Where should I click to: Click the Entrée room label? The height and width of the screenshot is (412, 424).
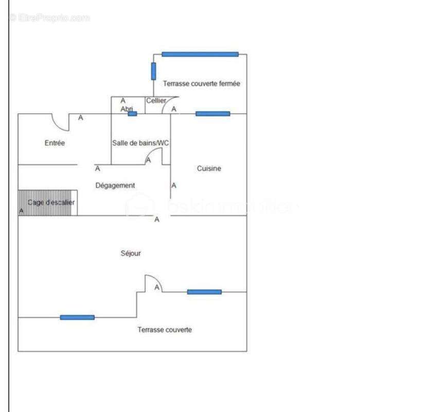55,143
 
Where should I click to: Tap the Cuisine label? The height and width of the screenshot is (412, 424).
209,168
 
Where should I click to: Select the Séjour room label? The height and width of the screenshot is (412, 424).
131,253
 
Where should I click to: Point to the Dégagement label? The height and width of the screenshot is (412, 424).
115,185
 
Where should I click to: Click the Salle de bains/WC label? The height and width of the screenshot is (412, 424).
140,143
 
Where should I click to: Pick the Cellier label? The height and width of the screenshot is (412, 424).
156,101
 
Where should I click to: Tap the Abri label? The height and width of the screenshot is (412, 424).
127,109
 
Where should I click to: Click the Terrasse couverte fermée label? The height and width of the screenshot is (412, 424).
202,83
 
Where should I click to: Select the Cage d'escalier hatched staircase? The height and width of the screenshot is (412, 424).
48,202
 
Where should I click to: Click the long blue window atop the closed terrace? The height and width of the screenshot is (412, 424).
200,54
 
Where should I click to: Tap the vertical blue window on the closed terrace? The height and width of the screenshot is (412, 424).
153,71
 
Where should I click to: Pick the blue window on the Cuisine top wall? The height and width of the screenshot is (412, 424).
213,114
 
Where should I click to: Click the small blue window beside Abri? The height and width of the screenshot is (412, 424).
132,114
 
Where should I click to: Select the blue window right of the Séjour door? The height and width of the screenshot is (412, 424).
204,292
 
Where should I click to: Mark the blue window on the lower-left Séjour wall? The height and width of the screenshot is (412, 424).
77,317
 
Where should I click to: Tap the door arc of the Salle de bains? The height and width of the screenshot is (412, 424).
154,156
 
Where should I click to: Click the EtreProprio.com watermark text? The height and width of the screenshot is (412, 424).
49,18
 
